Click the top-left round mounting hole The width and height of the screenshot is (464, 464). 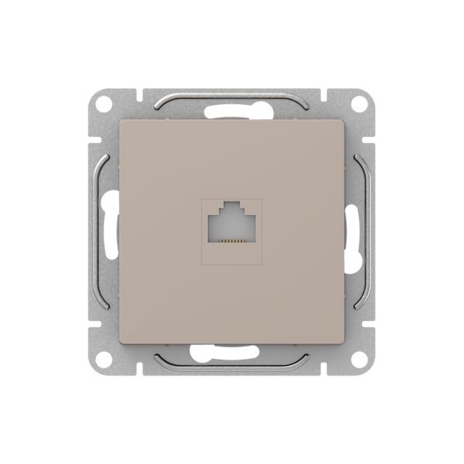(x=105, y=104)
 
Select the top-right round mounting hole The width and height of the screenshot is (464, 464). (x=358, y=104)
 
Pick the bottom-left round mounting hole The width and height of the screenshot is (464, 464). (x=105, y=358)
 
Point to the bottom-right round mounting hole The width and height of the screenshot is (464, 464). (x=358, y=358)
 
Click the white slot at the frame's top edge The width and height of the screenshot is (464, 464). (x=232, y=110)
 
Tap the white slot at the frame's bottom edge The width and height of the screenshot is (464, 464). (x=232, y=354)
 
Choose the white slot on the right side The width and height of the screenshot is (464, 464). (x=354, y=232)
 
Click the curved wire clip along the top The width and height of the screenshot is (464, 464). (x=232, y=99)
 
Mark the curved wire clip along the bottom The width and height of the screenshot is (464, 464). (x=232, y=364)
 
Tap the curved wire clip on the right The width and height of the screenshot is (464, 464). (x=364, y=232)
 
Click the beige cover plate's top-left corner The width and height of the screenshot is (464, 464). (x=121, y=121)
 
